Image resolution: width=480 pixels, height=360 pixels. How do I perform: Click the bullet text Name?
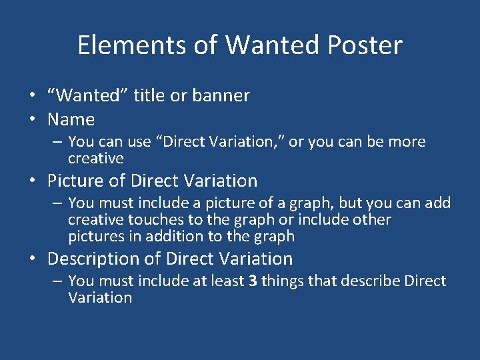click(x=71, y=120)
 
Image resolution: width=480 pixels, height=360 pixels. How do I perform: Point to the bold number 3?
click(x=253, y=281)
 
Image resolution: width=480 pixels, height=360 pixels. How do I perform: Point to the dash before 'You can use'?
click(x=58, y=142)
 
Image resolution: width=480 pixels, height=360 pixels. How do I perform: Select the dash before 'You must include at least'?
click(x=58, y=281)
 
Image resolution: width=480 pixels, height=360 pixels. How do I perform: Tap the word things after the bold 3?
click(x=283, y=281)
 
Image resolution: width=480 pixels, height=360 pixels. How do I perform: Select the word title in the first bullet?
click(x=150, y=95)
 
